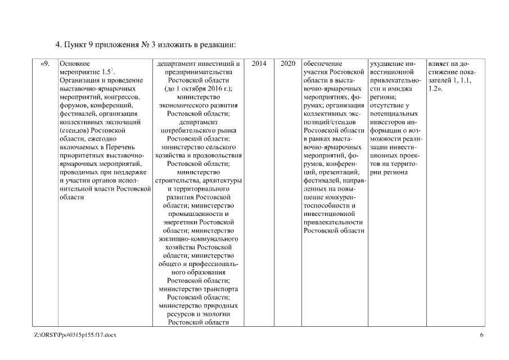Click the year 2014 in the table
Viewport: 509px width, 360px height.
pos(259,64)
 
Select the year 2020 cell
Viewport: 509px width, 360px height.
pos(287,64)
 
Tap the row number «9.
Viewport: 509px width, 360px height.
pos(48,64)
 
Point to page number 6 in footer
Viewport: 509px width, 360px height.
pos(481,335)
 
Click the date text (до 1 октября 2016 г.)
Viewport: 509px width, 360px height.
pos(199,89)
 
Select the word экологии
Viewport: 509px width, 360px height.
pos(217,314)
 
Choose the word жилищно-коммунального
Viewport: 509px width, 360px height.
pos(199,239)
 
